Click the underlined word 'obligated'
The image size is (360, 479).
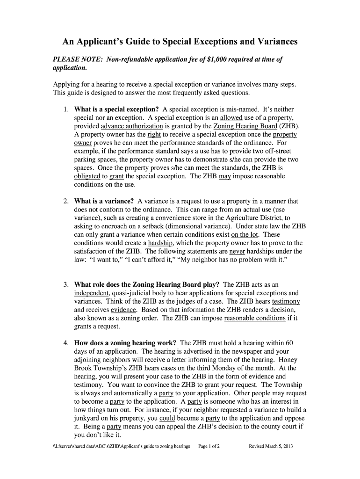point(87,176)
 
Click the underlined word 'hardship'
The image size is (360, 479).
point(161,243)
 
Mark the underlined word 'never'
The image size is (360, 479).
point(238,252)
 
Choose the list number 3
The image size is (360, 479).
point(66,284)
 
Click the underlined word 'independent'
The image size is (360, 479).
point(92,293)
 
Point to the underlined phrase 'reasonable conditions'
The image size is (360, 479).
point(255,318)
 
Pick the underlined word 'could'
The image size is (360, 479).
point(167,419)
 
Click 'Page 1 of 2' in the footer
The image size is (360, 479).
point(209,447)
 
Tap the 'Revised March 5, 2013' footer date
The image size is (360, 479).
point(271,447)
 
